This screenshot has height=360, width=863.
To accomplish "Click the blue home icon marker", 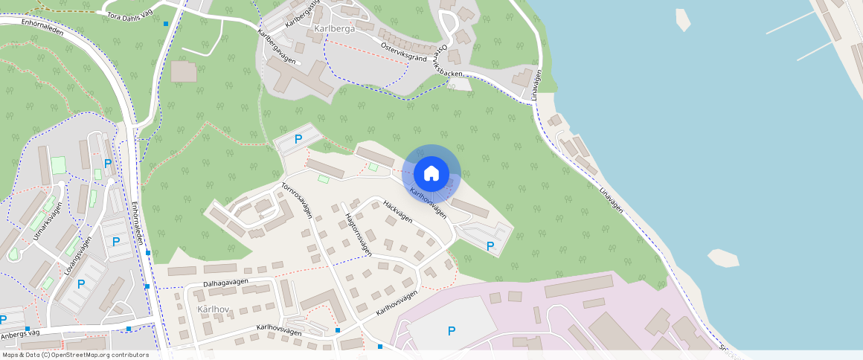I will [x=431, y=173].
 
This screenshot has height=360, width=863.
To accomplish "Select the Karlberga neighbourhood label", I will [x=334, y=29].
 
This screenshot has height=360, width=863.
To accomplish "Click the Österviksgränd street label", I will [x=403, y=51].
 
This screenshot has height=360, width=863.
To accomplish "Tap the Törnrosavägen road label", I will [x=296, y=201].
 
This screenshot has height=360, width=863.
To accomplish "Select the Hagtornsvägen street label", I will [x=359, y=234].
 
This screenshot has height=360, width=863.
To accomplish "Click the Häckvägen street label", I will [x=397, y=211].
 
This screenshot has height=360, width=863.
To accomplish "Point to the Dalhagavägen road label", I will [x=225, y=283].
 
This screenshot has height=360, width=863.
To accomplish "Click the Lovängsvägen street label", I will [x=77, y=257].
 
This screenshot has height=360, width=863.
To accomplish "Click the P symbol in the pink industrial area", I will [x=451, y=331].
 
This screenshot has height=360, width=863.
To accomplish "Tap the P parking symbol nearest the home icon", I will [x=490, y=245].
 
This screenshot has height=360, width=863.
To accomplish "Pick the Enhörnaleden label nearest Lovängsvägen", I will [x=137, y=223].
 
